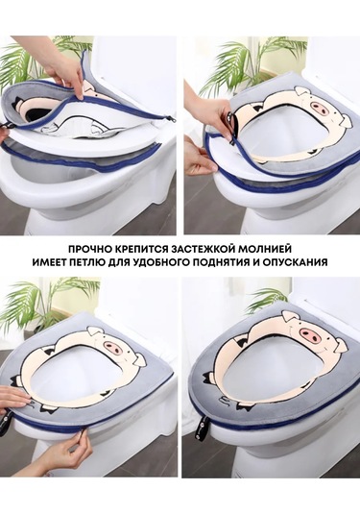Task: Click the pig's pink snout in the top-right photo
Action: tap(318, 107)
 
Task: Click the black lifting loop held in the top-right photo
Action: tap(232, 126)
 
